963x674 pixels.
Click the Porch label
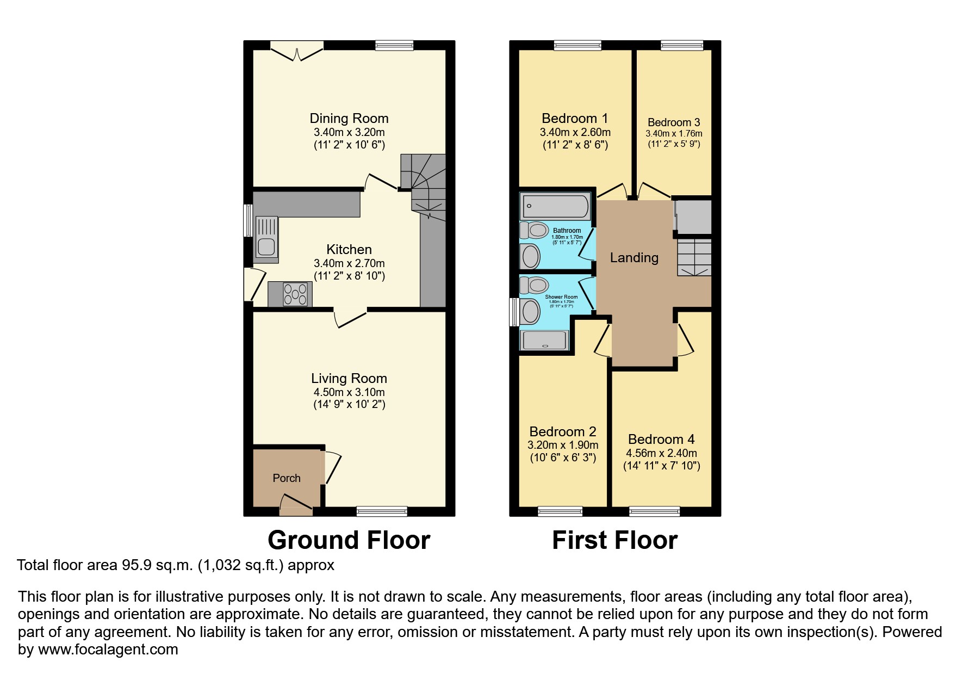[286, 478]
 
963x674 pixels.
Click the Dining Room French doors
[297, 51]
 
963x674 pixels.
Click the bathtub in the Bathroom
[555, 207]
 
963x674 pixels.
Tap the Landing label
[634, 257]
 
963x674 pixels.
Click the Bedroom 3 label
[674, 122]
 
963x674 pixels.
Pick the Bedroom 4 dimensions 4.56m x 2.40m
[661, 453]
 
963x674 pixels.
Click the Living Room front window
[382, 511]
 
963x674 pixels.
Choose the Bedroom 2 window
[560, 511]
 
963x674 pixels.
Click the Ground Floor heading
[349, 540]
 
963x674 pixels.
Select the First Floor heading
[614, 540]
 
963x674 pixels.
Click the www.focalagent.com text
[108, 650]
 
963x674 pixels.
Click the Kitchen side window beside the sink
[247, 220]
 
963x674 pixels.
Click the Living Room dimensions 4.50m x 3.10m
[349, 392]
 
